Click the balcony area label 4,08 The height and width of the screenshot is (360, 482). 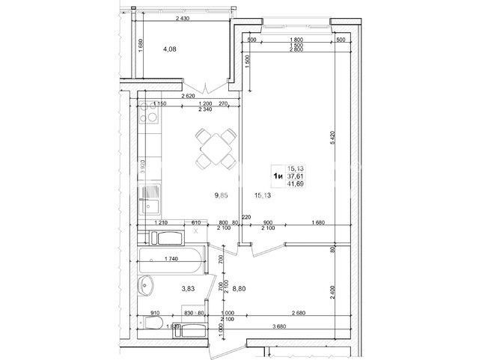170,52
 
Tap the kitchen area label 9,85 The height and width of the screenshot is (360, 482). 220,195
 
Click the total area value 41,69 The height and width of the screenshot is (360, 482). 297,184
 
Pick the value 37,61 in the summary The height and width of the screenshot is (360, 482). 297,176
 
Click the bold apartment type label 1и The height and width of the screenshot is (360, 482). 277,176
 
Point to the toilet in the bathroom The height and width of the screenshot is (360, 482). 155,323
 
